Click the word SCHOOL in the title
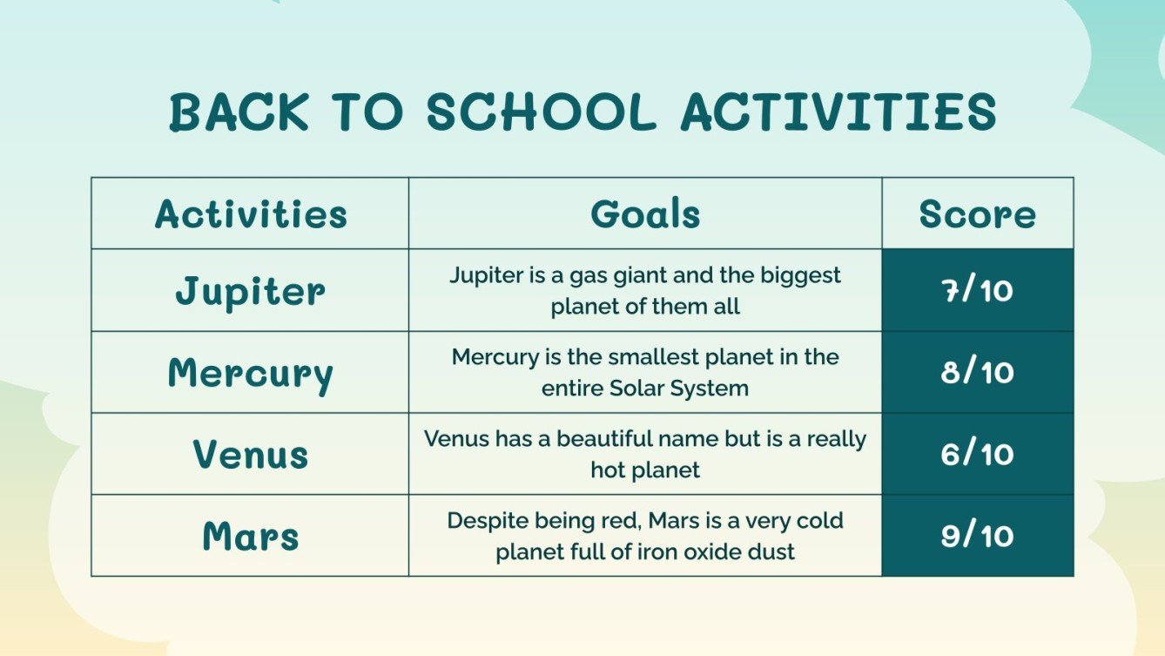[541, 112]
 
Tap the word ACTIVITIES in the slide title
[838, 112]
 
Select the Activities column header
[251, 214]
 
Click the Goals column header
[645, 214]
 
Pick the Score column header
[978, 214]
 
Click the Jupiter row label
[251, 291]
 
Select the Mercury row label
[251, 373]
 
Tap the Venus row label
[251, 455]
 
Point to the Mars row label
[251, 536]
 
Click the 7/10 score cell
[978, 290]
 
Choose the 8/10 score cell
[978, 372]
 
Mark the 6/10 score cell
[978, 454]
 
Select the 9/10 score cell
[978, 536]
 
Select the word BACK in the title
[238, 112]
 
